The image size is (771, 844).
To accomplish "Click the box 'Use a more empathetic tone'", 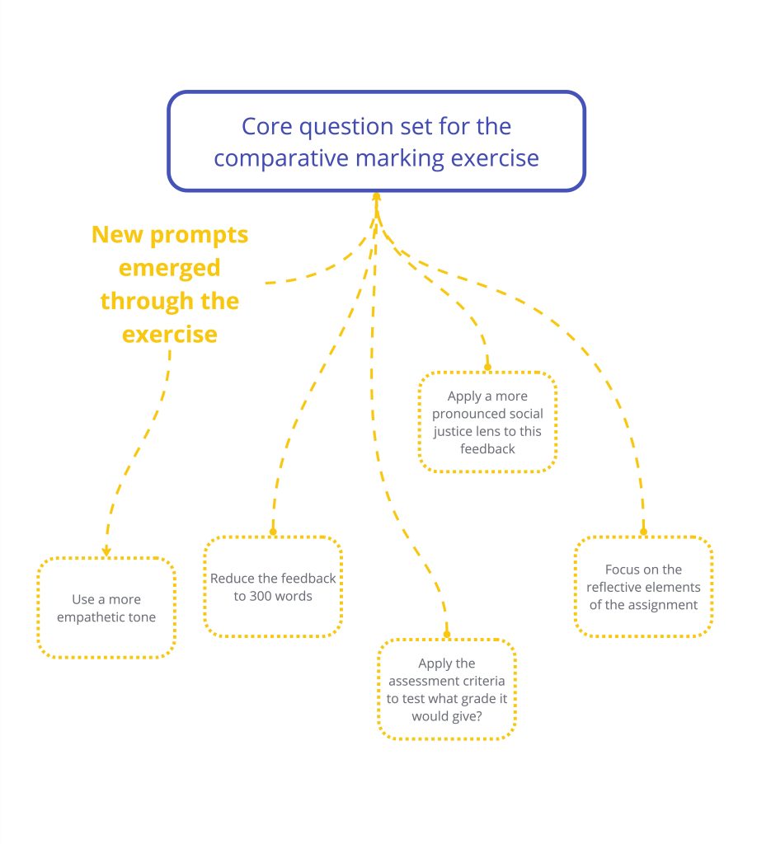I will tap(107, 608).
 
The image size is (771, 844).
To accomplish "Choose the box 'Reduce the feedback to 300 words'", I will tap(273, 586).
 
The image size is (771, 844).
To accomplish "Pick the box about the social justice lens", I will tap(487, 422).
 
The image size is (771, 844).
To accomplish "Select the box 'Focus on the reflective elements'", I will tap(643, 586).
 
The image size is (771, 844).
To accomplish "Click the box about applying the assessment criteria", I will tap(447, 689).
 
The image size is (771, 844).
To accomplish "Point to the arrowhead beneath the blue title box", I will tap(377, 197).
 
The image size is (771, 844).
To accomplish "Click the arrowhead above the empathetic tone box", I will tap(106, 551).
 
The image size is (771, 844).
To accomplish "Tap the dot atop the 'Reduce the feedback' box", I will tap(273, 532).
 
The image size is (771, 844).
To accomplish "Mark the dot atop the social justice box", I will tap(487, 367).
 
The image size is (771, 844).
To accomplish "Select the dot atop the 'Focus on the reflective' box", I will tap(643, 532).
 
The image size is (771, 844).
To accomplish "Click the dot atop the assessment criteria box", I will tap(447, 634).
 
